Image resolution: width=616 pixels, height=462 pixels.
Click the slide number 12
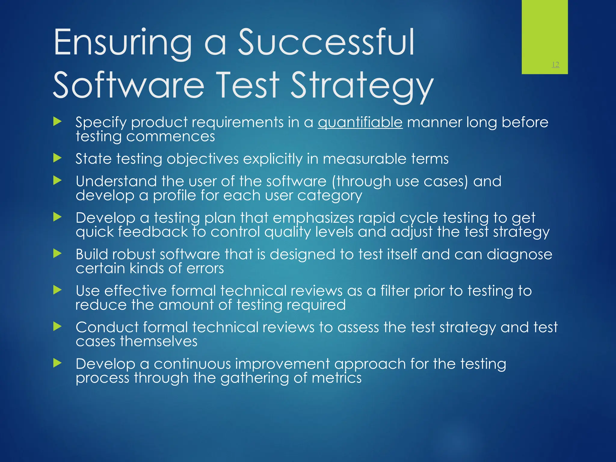555,65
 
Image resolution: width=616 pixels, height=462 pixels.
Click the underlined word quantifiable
360,122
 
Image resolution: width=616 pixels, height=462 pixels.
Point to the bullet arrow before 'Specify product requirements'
57,122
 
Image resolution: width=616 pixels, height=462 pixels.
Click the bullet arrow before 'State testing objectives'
57,158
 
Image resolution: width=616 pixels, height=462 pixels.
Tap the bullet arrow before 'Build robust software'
57,254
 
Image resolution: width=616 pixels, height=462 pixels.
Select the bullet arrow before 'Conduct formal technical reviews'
57,326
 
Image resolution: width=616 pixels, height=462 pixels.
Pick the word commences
171,136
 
